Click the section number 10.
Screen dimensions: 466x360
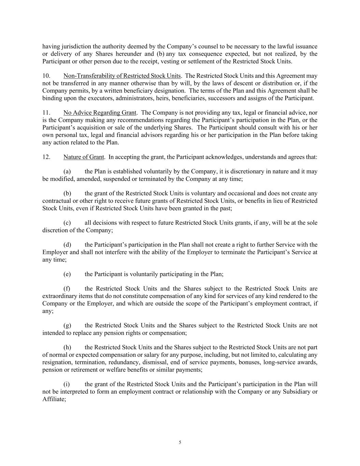[46, 76]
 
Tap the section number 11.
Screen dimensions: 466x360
[46, 113]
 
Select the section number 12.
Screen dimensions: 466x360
[46, 157]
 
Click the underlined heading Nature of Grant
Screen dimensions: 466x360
[84, 157]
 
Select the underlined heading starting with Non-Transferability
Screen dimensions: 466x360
[122, 76]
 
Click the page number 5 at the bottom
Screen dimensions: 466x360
[180, 442]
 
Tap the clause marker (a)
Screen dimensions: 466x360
[67, 171]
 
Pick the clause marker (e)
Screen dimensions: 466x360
[67, 274]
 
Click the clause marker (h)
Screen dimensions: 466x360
[67, 348]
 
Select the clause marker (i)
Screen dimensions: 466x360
[67, 384]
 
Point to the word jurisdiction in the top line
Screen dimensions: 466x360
[76, 46]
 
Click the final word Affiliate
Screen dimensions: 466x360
[53, 399]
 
